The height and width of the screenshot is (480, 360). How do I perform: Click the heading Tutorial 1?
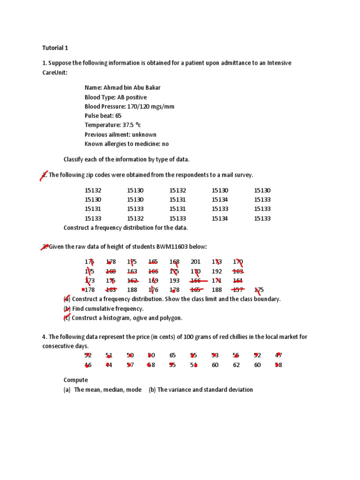(x=55, y=48)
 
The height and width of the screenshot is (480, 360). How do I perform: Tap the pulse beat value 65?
(x=118, y=116)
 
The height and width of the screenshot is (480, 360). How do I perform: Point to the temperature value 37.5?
(x=128, y=125)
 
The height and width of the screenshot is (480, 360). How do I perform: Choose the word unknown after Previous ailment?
(x=144, y=135)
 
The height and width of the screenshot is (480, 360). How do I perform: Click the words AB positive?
(x=132, y=97)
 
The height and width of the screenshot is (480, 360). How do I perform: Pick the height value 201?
(x=195, y=262)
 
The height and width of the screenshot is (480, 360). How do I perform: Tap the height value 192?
(x=217, y=271)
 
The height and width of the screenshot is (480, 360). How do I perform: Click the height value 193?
(x=174, y=280)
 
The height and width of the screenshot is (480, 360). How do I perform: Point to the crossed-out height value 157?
(x=238, y=290)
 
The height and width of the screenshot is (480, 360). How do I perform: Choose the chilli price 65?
(x=172, y=355)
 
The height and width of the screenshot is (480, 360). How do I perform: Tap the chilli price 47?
(x=278, y=355)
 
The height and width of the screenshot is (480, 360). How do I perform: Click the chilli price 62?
(x=236, y=365)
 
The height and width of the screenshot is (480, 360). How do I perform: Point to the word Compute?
(x=75, y=380)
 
